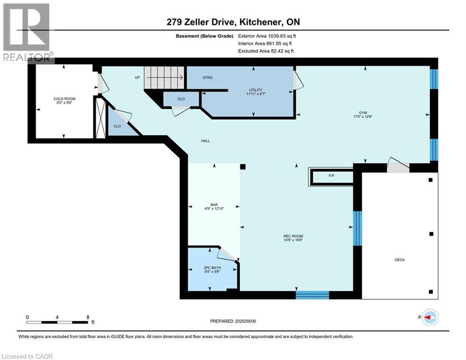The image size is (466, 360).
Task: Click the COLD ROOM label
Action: [x=64, y=98]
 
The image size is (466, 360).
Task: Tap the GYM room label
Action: [x=363, y=113]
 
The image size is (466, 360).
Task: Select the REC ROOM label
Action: [x=296, y=236]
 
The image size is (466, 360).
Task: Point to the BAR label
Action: [x=214, y=205]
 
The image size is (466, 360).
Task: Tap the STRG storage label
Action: [x=207, y=77]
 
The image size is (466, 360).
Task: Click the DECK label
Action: [x=399, y=260]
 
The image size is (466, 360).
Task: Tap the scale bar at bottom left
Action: [x=58, y=322]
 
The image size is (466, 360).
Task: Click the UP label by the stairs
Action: [x=137, y=77]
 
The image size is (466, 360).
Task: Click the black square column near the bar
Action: [x=243, y=166]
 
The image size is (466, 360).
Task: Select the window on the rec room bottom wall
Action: [x=312, y=295]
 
